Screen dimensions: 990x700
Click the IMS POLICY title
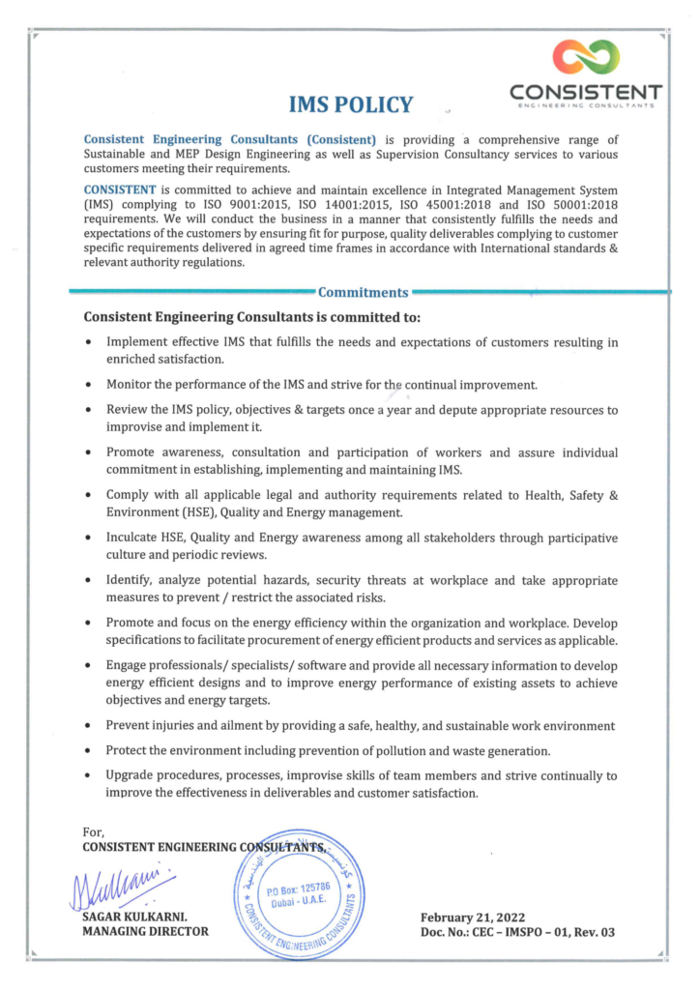coord(351,104)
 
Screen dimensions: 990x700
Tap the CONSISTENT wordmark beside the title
coord(586,92)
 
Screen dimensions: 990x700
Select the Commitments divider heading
coord(363,293)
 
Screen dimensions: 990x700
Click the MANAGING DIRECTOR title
coord(146,932)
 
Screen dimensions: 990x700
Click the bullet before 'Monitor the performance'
coord(89,386)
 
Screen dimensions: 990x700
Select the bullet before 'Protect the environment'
coord(89,751)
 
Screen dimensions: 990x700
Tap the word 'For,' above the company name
coord(94,831)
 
